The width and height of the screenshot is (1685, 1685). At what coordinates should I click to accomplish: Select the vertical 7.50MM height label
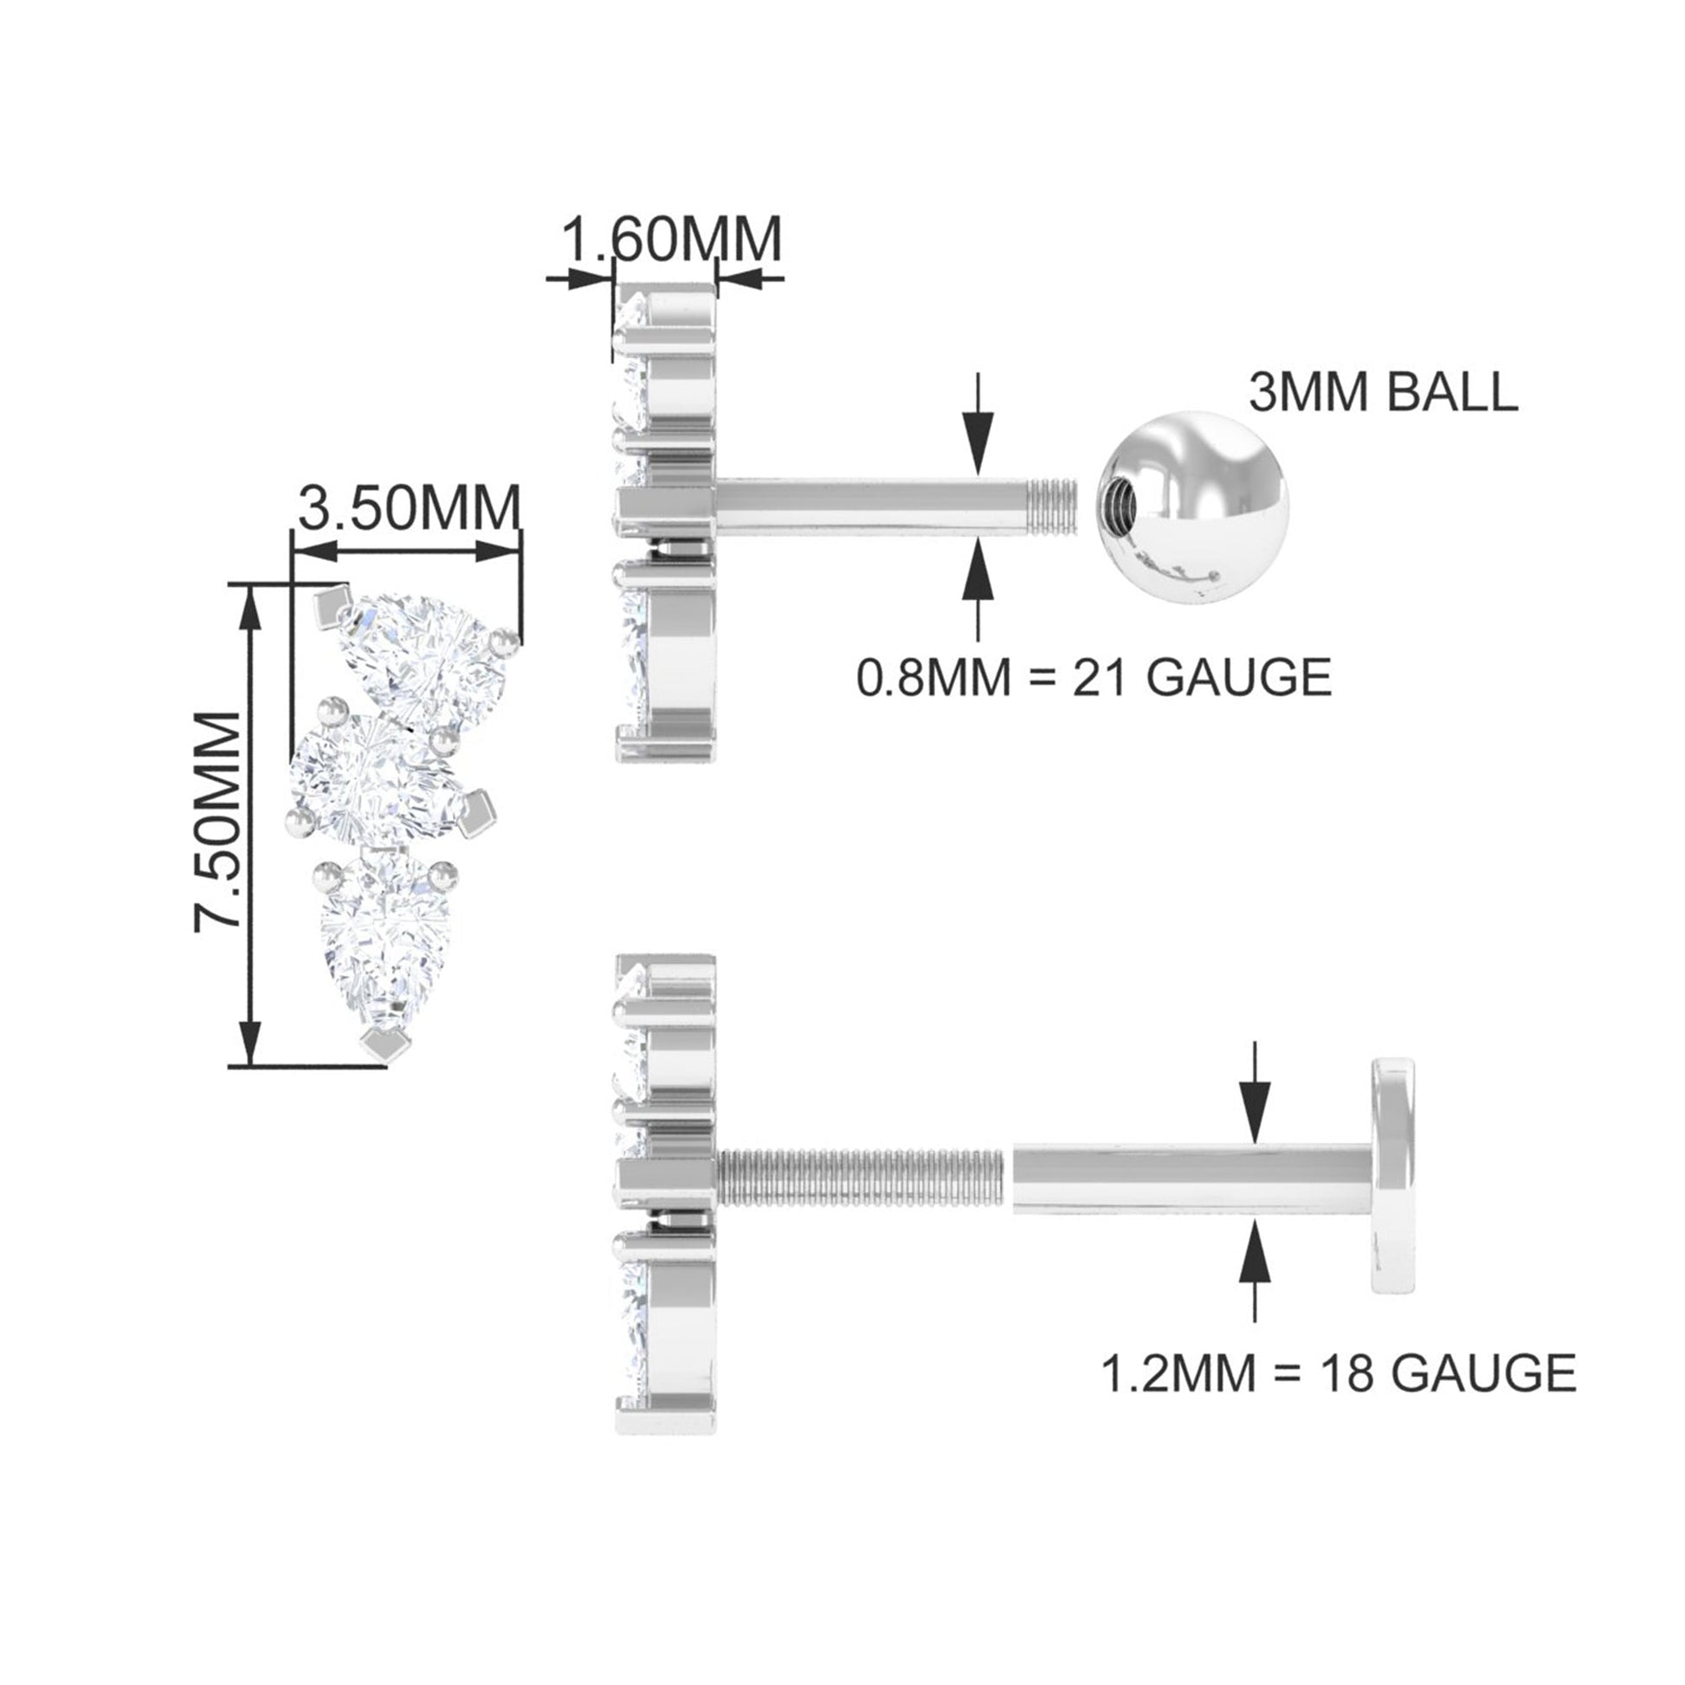pos(217,834)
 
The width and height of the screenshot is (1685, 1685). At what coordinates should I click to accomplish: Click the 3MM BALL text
pos(1383,392)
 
